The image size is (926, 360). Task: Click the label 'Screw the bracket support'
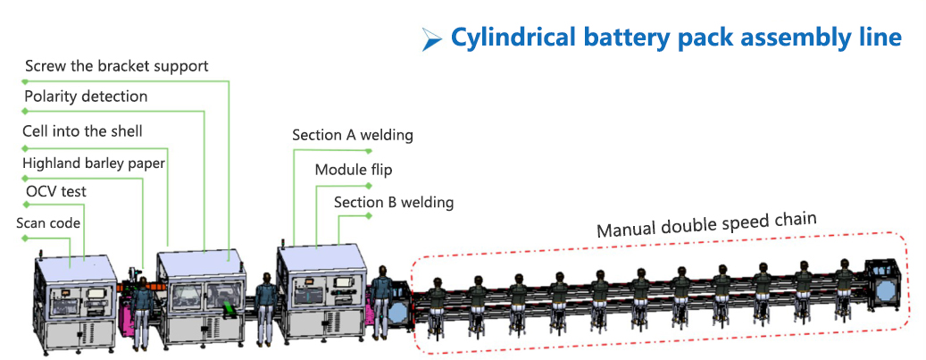click(116, 66)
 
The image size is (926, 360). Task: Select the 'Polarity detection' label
click(86, 96)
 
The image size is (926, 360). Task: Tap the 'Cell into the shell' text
click(82, 131)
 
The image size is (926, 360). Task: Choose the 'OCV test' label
click(56, 191)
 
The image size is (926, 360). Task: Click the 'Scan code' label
click(48, 222)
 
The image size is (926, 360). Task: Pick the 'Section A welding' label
click(352, 135)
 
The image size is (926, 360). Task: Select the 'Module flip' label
click(353, 169)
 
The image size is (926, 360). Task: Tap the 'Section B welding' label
click(393, 202)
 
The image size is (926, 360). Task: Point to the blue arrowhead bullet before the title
click(431, 38)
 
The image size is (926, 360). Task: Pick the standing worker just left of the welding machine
click(264, 309)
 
